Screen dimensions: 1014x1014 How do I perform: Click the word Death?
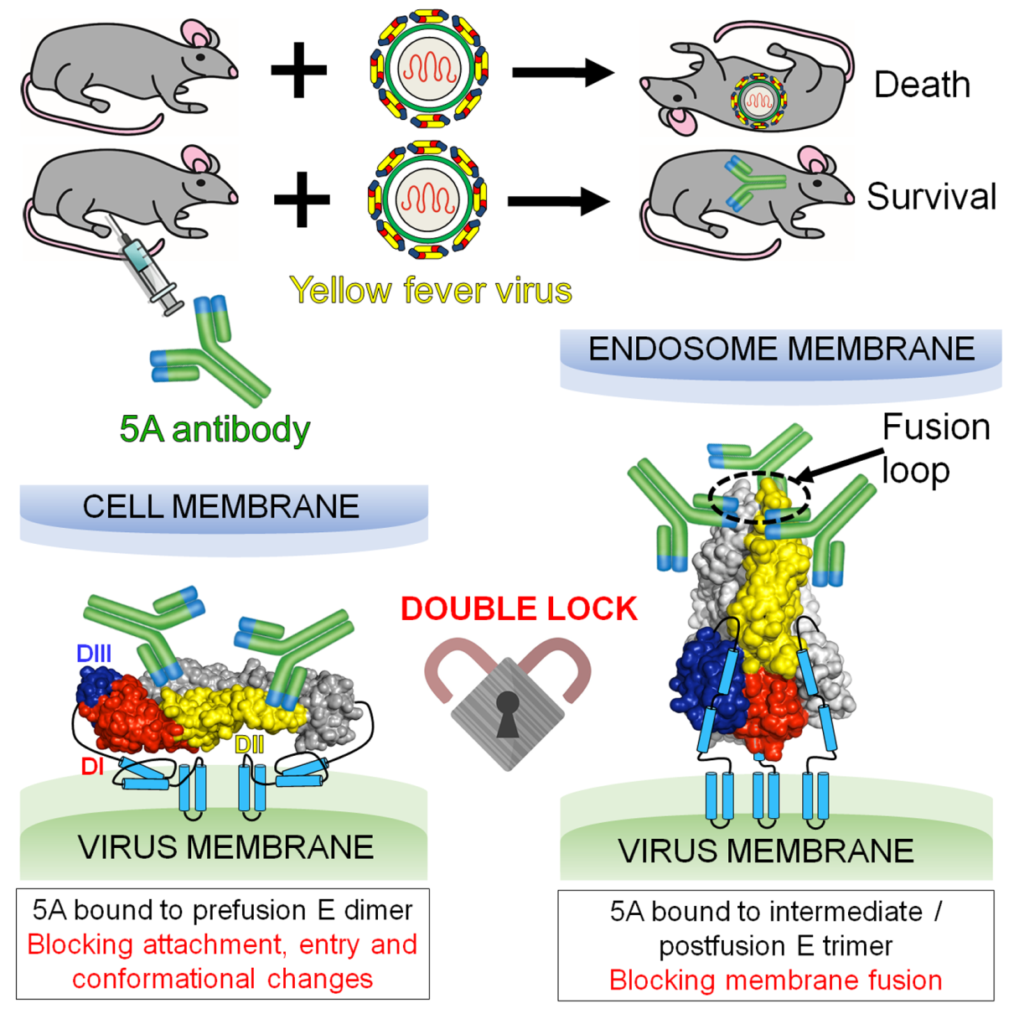[922, 85]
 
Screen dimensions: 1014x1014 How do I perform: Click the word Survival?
[931, 197]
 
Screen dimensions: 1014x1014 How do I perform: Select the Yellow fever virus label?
[431, 291]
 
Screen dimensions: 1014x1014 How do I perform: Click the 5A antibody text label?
[215, 429]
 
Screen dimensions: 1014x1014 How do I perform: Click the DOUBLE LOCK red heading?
[519, 608]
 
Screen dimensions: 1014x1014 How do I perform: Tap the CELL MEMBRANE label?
[220, 506]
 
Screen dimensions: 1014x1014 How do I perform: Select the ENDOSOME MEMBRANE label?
[781, 349]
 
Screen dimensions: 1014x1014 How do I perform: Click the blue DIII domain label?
[94, 654]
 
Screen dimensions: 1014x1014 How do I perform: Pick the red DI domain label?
[92, 766]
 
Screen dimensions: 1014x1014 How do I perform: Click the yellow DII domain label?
[250, 744]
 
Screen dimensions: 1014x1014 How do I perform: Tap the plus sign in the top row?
[299, 70]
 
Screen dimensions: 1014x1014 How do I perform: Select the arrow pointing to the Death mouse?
[563, 73]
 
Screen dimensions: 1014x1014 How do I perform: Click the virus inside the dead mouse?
[759, 101]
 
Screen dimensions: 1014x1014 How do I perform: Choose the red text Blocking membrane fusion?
[775, 980]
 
